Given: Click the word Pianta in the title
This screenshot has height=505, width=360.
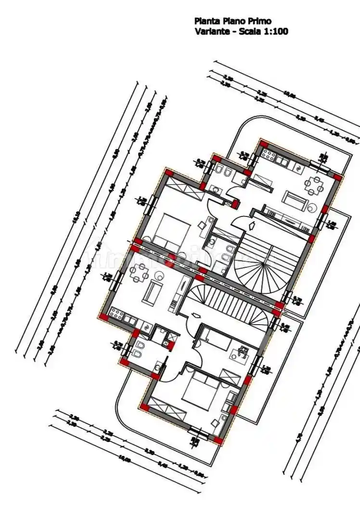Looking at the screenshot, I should click(206, 21).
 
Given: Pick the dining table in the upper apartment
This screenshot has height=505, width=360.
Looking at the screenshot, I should click(315, 185).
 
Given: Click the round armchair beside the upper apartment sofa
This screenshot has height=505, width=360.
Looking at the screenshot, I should click(312, 207).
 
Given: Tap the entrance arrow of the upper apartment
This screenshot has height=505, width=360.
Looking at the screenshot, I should click(252, 225).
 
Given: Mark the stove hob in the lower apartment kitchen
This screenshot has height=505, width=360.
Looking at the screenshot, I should click(116, 313).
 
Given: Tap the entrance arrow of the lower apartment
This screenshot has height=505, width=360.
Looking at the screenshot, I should click(195, 316).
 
